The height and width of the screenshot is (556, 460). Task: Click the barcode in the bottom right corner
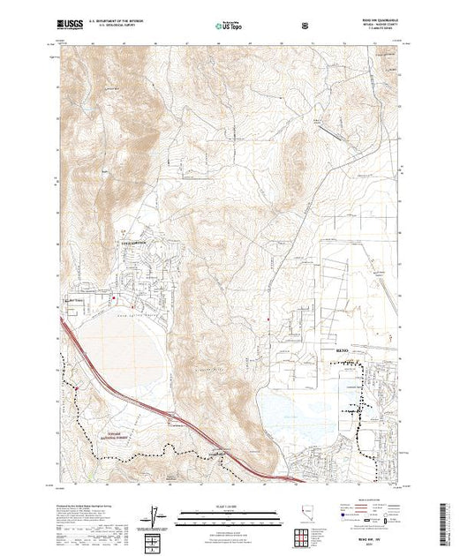[444, 520]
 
